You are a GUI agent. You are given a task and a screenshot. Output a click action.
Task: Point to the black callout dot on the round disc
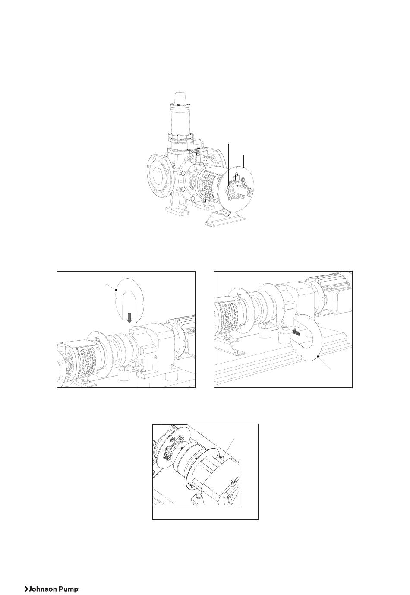[x=243, y=167]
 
